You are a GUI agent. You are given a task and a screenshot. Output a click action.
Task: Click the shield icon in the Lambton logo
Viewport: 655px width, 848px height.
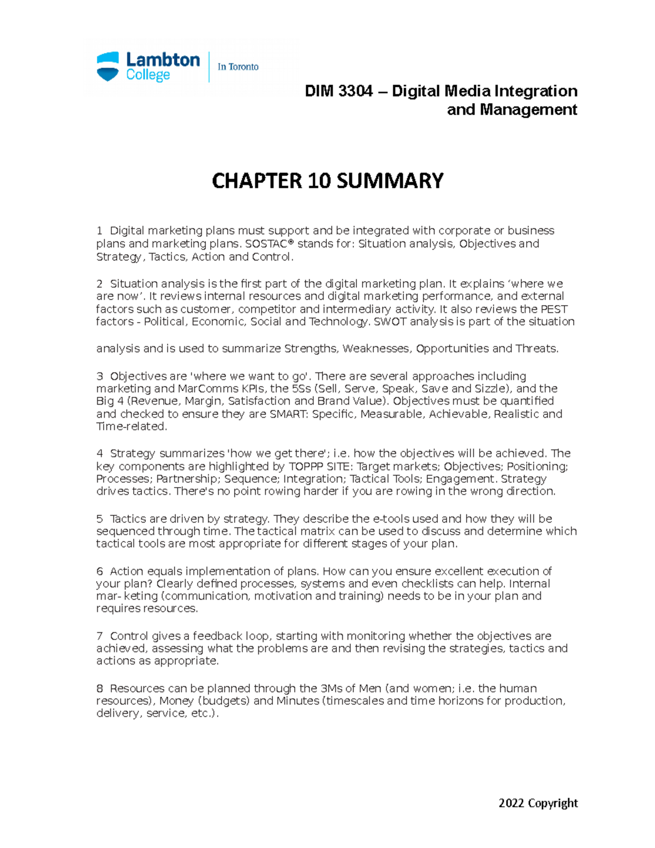108,67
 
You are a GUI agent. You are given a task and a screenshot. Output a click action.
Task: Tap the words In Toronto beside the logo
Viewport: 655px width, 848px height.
238,67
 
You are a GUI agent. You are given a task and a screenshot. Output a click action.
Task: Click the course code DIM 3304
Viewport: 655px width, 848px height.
338,91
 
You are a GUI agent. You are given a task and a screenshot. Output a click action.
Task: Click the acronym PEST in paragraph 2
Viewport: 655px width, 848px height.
553,309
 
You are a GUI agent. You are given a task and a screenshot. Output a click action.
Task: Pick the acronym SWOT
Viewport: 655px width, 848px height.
390,322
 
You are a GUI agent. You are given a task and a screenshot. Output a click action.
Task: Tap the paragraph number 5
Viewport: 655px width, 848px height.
99,519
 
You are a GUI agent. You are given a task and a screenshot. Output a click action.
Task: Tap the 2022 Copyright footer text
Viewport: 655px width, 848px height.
538,803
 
